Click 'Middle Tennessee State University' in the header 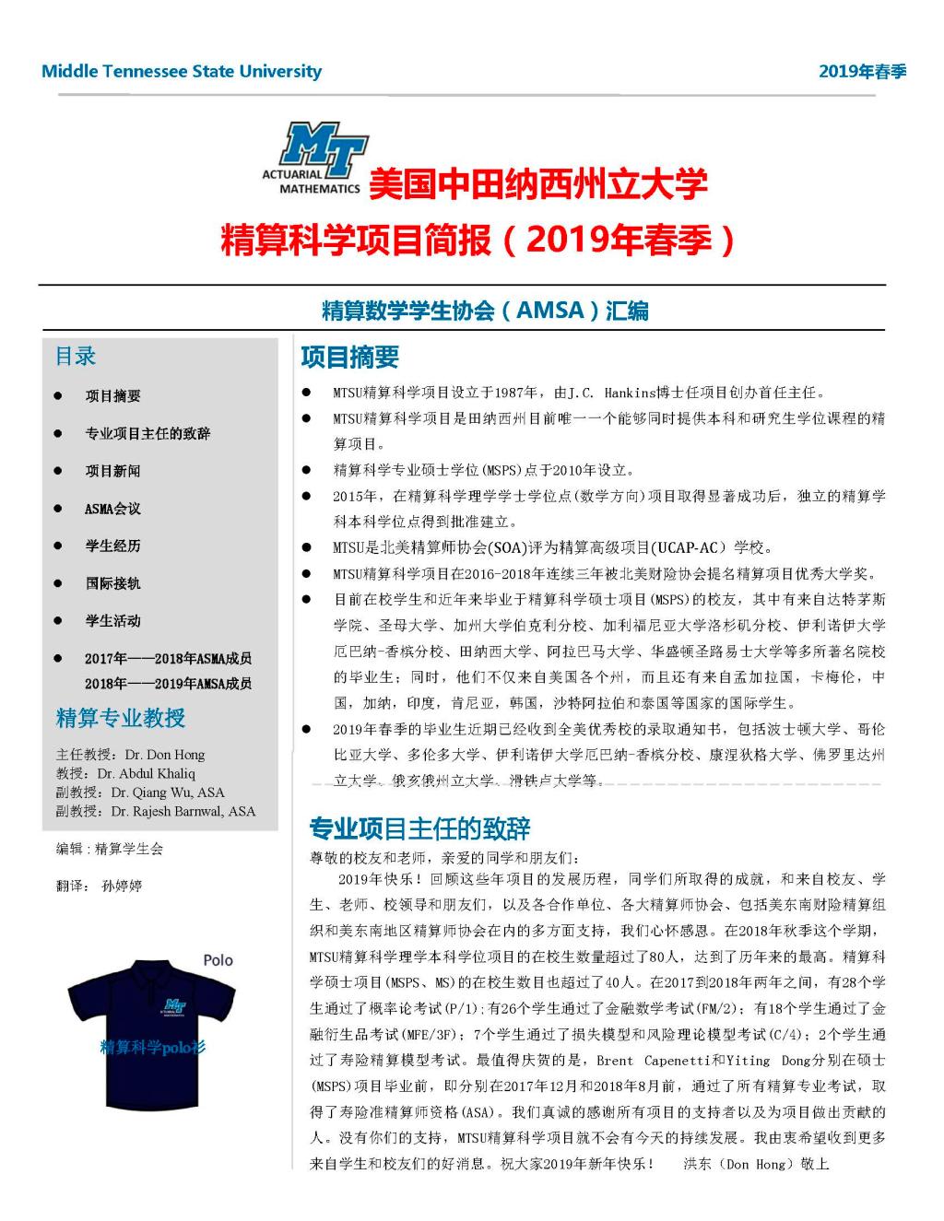tap(182, 71)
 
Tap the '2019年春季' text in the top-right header tap(862, 72)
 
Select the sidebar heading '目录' tap(76, 357)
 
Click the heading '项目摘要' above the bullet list tap(349, 357)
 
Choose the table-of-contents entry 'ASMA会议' tap(112, 509)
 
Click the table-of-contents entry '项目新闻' tap(112, 471)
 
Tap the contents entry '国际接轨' tap(112, 583)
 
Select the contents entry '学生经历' tap(112, 546)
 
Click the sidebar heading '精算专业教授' tap(121, 718)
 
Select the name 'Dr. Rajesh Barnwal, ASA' tap(183, 811)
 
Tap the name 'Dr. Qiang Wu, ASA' tap(168, 792)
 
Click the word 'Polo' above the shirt tap(218, 960)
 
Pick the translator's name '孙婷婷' tap(122, 886)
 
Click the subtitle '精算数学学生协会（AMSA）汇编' tap(485, 311)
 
